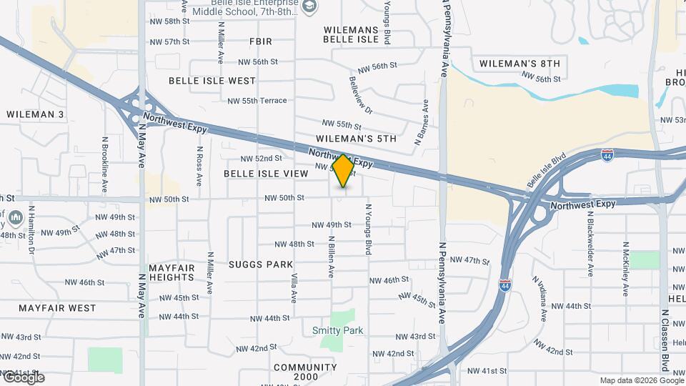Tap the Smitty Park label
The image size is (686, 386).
tap(338, 330)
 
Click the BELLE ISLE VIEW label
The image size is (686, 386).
tap(266, 174)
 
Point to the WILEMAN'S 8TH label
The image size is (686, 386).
tap(519, 64)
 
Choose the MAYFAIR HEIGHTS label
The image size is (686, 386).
tap(171, 272)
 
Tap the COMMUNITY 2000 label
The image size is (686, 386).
tap(305, 372)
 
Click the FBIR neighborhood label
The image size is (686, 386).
tap(261, 41)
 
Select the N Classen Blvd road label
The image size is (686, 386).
tap(665, 340)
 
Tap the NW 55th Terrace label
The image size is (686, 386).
tap(257, 101)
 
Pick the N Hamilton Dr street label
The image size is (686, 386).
tap(31, 230)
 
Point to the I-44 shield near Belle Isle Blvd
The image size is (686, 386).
tap(606, 154)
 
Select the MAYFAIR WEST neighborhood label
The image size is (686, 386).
tap(57, 308)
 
